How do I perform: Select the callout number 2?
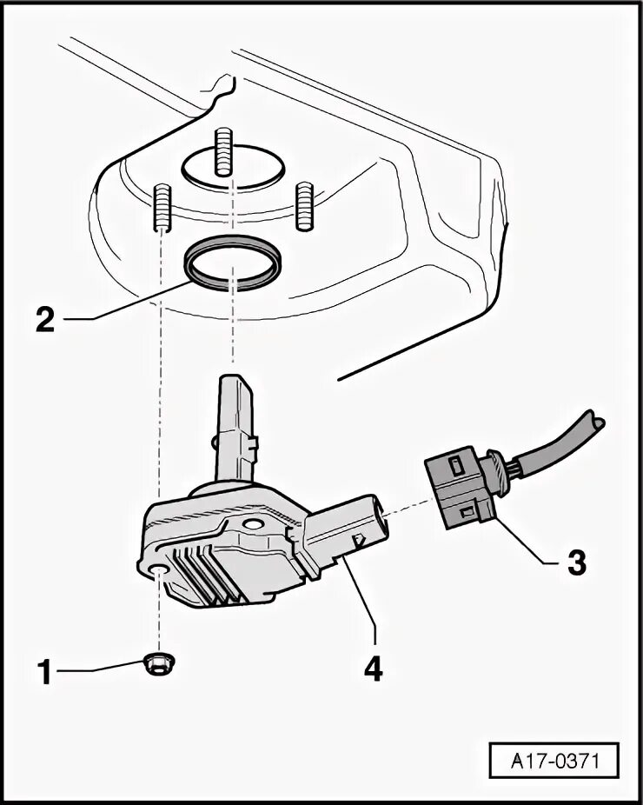pyautogui.click(x=44, y=318)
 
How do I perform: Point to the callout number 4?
pyautogui.click(x=374, y=669)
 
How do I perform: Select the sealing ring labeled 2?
pyautogui.click(x=233, y=263)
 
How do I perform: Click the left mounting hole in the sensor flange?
pyautogui.click(x=158, y=569)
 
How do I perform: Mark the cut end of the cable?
pyautogui.click(x=599, y=422)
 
